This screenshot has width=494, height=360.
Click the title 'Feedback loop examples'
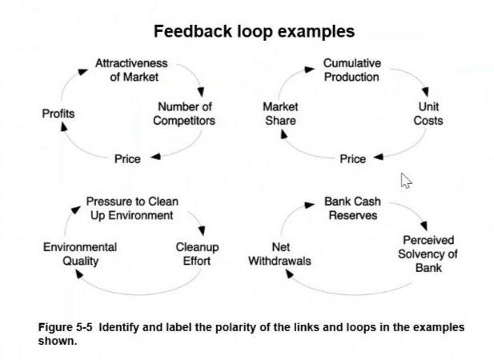point(254,32)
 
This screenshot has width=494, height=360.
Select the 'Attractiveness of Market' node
point(131,70)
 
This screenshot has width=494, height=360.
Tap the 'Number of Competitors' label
point(184,114)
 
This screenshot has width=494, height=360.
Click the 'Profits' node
point(58,114)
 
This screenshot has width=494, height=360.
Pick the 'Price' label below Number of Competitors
point(127,159)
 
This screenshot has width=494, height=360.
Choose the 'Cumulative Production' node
point(351,70)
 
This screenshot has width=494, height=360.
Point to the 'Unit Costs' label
point(428,114)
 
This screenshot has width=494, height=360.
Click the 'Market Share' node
point(280,114)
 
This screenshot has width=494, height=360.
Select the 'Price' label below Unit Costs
point(352,159)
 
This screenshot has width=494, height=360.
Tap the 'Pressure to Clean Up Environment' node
point(132,209)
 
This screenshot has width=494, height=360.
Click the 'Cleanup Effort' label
point(197,254)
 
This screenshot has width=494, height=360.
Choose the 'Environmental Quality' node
point(80,254)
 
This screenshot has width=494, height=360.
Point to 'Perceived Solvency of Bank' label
point(428,254)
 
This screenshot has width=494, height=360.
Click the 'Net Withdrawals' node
point(279,254)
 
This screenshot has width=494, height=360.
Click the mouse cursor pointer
point(406,180)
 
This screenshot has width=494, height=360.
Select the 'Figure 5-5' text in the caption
point(66,328)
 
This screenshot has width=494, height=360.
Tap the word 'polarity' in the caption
point(255,328)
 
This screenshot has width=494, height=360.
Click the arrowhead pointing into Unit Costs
point(425,93)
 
